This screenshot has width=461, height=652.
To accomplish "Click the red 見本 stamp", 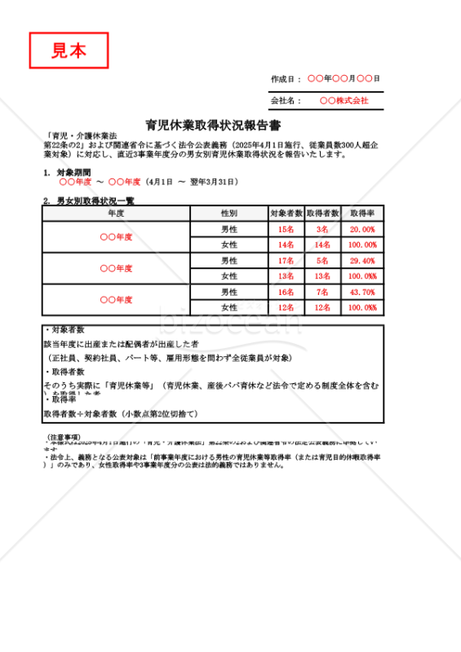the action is (69, 51).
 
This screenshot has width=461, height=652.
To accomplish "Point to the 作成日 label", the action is (286, 78).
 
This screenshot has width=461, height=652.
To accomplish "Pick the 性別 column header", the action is (229, 213).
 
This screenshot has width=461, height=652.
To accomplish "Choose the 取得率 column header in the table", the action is (362, 213).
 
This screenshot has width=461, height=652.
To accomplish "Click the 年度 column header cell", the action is (116, 213).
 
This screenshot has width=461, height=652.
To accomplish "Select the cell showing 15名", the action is (286, 229).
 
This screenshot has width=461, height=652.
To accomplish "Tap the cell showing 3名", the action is (322, 229).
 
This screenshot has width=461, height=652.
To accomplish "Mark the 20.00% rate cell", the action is (362, 229).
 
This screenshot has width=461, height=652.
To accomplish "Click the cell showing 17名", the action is (286, 261).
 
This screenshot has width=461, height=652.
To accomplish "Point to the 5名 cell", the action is (322, 261).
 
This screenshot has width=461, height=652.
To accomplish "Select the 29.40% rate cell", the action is (362, 261).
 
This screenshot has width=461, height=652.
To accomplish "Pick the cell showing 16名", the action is (286, 292).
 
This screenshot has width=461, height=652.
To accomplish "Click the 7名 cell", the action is (322, 292).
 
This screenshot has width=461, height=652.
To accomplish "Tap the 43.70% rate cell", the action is (362, 292).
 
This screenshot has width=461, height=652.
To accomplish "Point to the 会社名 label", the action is (286, 101).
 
